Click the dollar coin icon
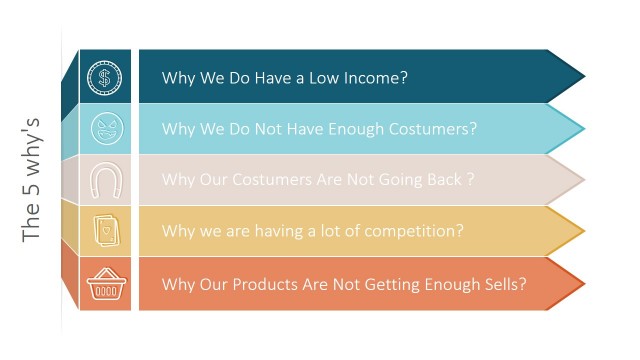tap(104, 77)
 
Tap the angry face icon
tap(104, 129)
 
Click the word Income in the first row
tap(371, 78)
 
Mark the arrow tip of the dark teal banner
tap(578, 77)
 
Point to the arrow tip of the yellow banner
tap(578, 232)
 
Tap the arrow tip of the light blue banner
tap(578, 129)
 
